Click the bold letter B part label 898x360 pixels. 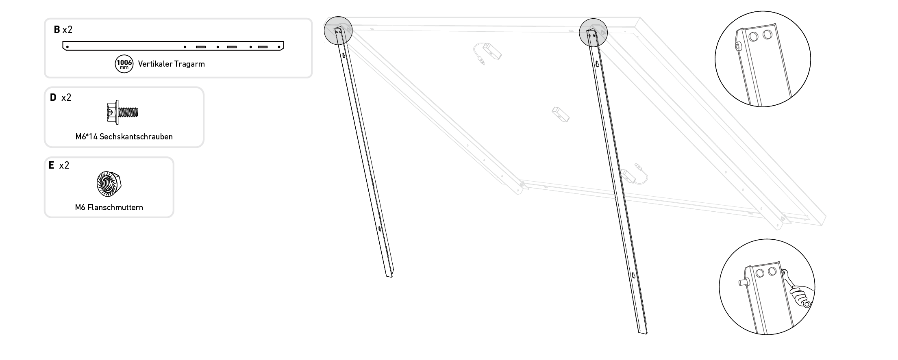[x=57, y=29]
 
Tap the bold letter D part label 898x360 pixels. [x=53, y=98]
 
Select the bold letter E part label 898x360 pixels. [x=51, y=165]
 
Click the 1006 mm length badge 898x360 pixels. [x=124, y=64]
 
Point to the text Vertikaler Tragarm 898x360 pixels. [x=171, y=64]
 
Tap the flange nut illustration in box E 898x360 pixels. [x=109, y=184]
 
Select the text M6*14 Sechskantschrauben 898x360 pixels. [x=124, y=137]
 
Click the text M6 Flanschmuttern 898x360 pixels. [x=109, y=207]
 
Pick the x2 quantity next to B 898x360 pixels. [x=67, y=29]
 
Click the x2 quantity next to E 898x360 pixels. [x=64, y=165]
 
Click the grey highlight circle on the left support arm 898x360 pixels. [x=338, y=30]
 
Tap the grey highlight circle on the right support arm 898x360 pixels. [x=593, y=32]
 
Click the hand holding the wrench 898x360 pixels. [x=800, y=296]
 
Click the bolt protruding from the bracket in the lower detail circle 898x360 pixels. [x=742, y=282]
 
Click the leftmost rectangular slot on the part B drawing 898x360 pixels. [x=201, y=47]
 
